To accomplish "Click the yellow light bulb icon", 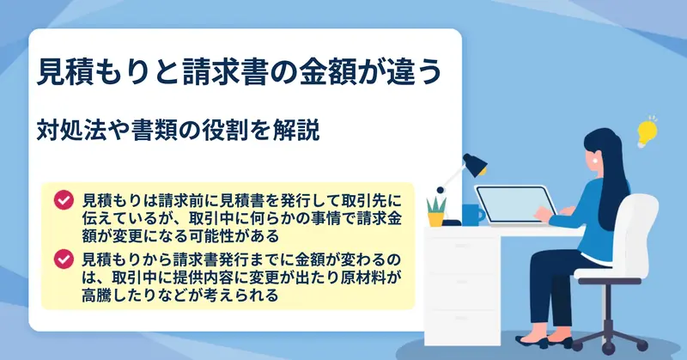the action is (x=647, y=132).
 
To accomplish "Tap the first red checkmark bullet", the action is (x=64, y=200).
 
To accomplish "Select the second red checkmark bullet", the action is (x=64, y=259).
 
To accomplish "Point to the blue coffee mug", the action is (x=472, y=216).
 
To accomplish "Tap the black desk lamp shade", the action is (x=475, y=164).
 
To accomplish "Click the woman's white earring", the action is (x=595, y=161).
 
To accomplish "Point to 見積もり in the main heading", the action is (x=95, y=71).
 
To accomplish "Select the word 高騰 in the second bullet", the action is (x=96, y=294).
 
